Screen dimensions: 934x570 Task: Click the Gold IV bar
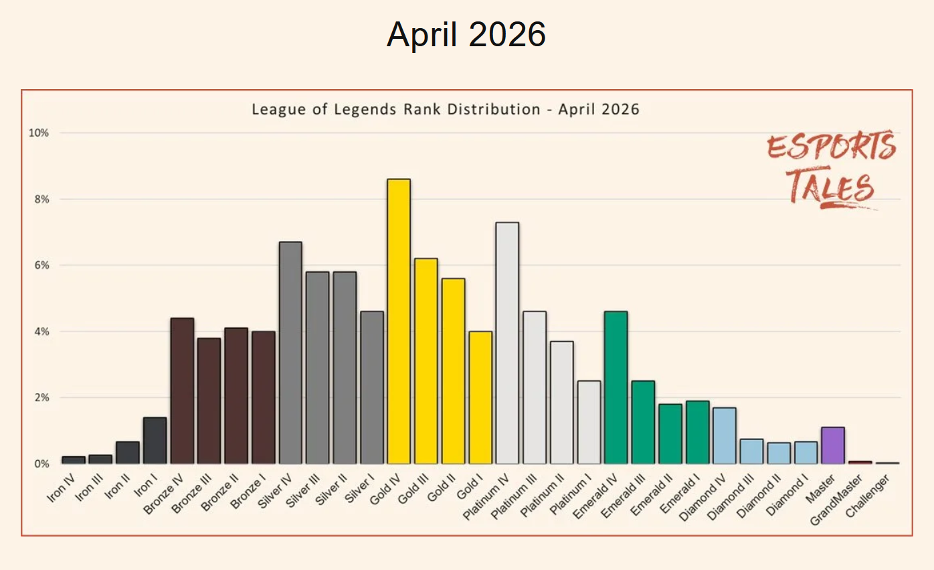coord(399,322)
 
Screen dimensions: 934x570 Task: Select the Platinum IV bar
coord(507,343)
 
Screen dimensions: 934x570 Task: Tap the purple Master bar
coord(833,445)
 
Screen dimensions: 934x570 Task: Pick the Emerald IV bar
coord(616,388)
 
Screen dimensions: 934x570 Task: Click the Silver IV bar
coord(290,352)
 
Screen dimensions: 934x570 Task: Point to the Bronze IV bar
coord(182,391)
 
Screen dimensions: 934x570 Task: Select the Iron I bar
coord(155,441)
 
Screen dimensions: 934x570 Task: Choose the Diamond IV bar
coord(725,435)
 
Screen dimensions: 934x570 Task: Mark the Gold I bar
coord(480,398)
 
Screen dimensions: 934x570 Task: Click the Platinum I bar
coord(589,422)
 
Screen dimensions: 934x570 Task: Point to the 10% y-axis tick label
coord(38,133)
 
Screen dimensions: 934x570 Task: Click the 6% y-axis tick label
coord(41,265)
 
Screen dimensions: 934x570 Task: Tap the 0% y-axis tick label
coord(41,464)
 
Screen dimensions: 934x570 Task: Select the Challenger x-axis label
coord(867,496)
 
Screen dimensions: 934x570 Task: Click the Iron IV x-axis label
coord(61,488)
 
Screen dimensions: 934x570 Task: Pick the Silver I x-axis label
coord(360,489)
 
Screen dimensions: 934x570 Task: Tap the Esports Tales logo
coord(831,169)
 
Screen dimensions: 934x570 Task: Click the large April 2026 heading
coord(466,34)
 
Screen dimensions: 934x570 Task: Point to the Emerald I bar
coord(697,432)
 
